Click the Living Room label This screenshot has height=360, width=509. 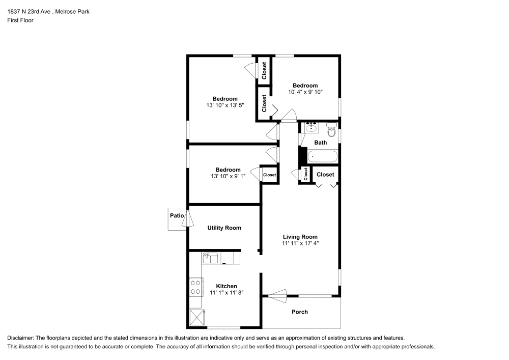tap(300, 236)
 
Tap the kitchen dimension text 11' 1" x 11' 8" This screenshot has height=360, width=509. tap(227, 293)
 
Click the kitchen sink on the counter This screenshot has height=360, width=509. tap(210, 258)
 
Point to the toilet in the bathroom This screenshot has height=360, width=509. tap(331, 131)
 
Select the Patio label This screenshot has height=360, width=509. tap(176, 216)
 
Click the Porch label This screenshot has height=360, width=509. tap(300, 312)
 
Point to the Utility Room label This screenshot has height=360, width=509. tap(224, 228)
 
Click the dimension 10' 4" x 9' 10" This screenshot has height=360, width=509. tap(305, 92)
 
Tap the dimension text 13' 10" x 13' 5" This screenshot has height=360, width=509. tap(225, 105)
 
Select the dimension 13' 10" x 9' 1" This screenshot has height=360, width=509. tap(228, 176)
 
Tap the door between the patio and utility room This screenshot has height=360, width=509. tap(189, 219)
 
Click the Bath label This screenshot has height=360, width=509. tap(320, 143)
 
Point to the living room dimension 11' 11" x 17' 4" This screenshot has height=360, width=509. tap(300, 243)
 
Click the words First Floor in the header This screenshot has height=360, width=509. tap(20, 20)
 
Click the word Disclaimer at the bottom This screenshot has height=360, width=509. tap(20, 338)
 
